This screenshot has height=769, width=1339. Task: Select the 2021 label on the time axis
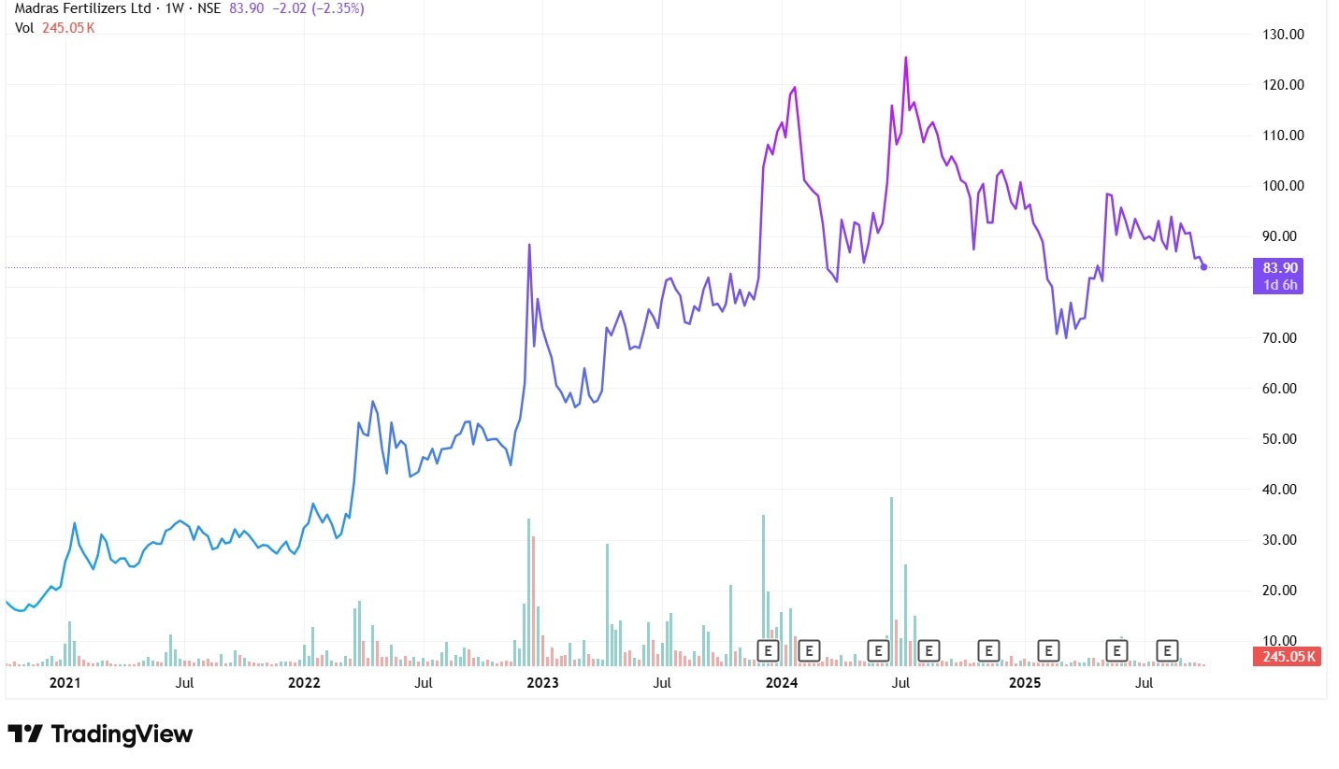[x=65, y=683]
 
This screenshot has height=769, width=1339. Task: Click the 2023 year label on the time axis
[x=542, y=683]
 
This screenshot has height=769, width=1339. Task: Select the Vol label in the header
[x=24, y=28]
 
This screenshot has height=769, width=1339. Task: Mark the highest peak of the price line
[x=905, y=57]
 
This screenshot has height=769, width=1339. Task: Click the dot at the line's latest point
[x=1203, y=267]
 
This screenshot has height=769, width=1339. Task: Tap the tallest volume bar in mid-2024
[x=891, y=498]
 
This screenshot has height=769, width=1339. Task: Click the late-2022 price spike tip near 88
[x=529, y=245]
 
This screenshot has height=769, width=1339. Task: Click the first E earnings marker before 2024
[x=767, y=649]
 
